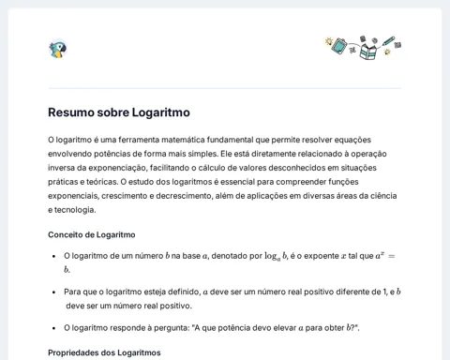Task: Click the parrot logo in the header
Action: (x=58, y=50)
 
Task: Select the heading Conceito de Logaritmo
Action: (x=91, y=234)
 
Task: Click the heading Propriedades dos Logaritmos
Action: (x=104, y=352)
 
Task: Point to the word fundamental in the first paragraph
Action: (x=239, y=140)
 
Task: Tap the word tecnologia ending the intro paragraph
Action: (x=75, y=210)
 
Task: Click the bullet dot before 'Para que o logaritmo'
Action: (x=53, y=292)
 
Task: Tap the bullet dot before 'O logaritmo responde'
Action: (x=53, y=328)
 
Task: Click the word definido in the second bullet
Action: (x=177, y=292)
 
